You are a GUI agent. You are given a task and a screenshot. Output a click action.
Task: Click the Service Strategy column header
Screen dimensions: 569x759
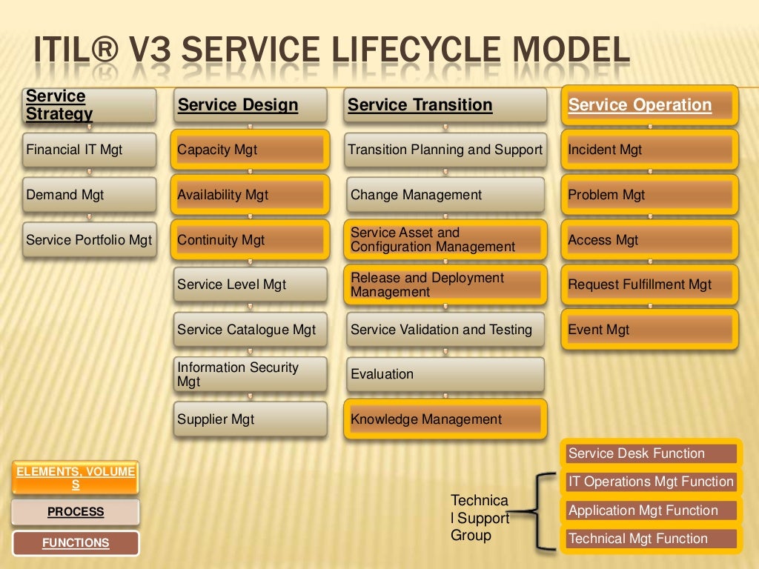[x=89, y=105]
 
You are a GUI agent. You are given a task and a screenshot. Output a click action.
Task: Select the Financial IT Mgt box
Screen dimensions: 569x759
[x=89, y=150]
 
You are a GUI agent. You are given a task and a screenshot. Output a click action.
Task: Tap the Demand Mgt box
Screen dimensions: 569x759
[x=89, y=195]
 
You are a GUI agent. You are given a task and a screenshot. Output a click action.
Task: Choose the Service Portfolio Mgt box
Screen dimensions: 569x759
[x=89, y=240]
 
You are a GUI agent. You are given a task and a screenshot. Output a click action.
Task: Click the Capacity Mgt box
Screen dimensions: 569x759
[x=250, y=150]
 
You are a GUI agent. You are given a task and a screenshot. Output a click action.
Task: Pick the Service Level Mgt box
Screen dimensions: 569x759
[x=250, y=284]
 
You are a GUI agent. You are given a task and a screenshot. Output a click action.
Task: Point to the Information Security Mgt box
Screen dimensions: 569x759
[x=250, y=374]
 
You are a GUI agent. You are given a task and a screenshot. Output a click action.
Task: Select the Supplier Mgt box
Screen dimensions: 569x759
[x=250, y=419]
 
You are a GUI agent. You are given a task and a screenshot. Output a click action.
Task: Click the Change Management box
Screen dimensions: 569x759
[x=445, y=195]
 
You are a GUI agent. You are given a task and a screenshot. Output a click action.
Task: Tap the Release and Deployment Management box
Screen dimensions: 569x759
[x=445, y=284]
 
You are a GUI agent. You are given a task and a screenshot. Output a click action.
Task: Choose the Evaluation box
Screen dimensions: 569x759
[x=445, y=374]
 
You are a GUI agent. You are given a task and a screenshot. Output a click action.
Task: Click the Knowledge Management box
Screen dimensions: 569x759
[x=445, y=419]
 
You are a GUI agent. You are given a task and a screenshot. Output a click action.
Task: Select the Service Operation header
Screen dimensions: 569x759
[x=649, y=105]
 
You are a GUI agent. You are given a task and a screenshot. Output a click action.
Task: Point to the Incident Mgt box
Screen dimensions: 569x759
[x=649, y=150]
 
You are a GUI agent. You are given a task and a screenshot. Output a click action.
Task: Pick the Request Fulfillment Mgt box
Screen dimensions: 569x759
[x=649, y=284]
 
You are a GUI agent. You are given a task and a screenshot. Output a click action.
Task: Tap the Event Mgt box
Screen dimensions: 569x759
[x=649, y=330]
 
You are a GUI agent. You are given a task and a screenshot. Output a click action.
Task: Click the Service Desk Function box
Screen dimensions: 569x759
[x=652, y=453]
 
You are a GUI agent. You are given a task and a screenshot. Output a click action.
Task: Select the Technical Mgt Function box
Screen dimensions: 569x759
[x=652, y=539]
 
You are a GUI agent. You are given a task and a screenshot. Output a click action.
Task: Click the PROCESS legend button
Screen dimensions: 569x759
[x=76, y=512]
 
